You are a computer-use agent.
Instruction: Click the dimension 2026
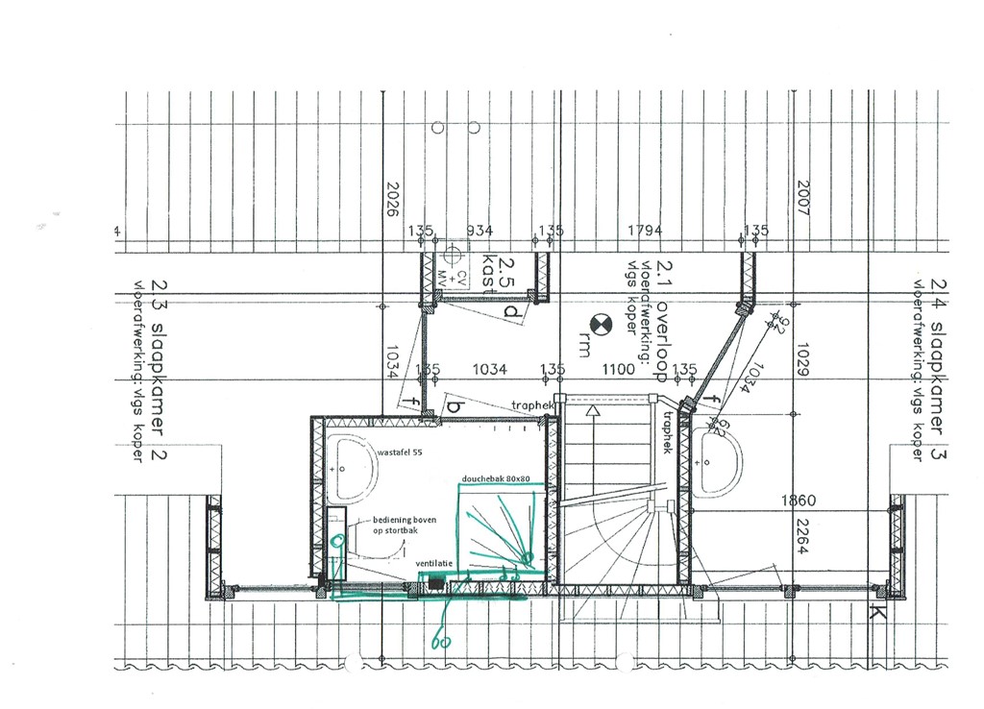click(x=391, y=200)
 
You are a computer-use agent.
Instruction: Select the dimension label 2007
click(x=803, y=198)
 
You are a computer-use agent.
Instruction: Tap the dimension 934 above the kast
click(x=479, y=231)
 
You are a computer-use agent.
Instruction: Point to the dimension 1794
click(x=645, y=231)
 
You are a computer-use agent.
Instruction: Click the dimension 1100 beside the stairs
click(x=618, y=369)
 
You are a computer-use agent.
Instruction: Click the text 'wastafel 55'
click(x=399, y=451)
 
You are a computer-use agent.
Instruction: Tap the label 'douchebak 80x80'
click(x=496, y=477)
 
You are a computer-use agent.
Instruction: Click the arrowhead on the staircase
click(x=594, y=410)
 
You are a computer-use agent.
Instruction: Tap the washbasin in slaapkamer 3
click(x=715, y=462)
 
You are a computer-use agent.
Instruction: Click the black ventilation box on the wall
click(x=436, y=581)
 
